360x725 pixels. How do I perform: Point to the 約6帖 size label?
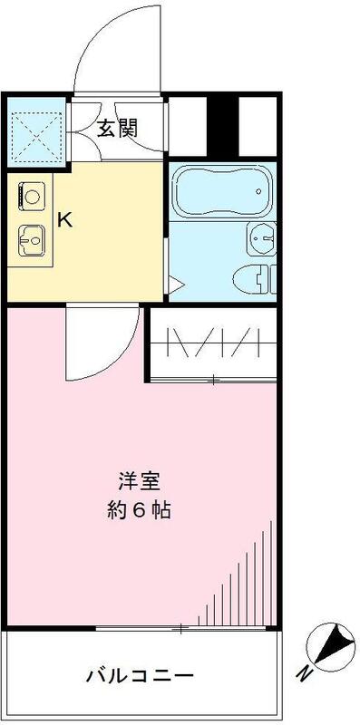pyautogui.click(x=137, y=509)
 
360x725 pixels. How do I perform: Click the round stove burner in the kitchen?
pyautogui.click(x=32, y=195)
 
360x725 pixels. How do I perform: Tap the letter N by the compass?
pyautogui.click(x=304, y=673)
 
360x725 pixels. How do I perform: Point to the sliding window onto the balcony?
pyautogui.click(x=181, y=626)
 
